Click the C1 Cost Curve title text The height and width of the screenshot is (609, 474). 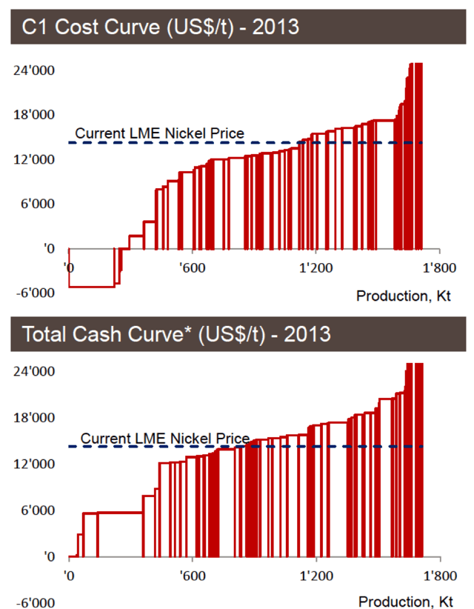[x=161, y=27]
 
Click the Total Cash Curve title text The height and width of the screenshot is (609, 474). [x=176, y=334]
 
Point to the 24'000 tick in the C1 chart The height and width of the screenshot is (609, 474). [x=35, y=70]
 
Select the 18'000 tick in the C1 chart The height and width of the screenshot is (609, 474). [x=35, y=115]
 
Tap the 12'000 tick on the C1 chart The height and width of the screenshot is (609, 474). [x=35, y=159]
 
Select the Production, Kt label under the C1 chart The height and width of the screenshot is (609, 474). [x=404, y=296]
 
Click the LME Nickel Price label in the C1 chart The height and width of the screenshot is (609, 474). [x=160, y=134]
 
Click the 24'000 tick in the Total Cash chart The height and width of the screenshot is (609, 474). [x=35, y=372]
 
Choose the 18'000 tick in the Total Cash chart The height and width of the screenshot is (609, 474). [x=35, y=418]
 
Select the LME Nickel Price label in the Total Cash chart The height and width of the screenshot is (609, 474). [x=164, y=438]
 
